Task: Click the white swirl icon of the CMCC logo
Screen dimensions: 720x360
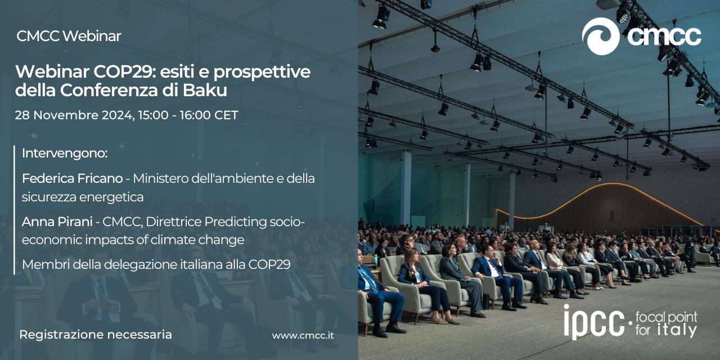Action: click(x=600, y=37)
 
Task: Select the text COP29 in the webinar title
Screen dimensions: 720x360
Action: click(x=122, y=71)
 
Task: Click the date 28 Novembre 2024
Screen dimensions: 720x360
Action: click(x=74, y=115)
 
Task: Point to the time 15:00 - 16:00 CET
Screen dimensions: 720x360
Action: click(x=188, y=115)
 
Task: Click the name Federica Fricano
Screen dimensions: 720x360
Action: click(x=73, y=178)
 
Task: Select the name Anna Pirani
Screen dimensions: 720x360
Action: click(x=57, y=222)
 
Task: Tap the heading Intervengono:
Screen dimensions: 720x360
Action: click(x=65, y=154)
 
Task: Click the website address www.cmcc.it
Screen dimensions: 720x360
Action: click(x=303, y=336)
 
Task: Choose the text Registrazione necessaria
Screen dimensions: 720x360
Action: click(x=96, y=335)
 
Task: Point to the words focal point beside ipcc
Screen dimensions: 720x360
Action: click(x=667, y=318)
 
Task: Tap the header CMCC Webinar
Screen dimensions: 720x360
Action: click(x=69, y=36)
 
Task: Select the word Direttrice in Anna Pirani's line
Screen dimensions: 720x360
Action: click(x=174, y=222)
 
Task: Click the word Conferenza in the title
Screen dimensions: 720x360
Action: click(x=109, y=90)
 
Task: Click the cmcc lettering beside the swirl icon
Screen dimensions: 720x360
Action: click(x=664, y=37)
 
